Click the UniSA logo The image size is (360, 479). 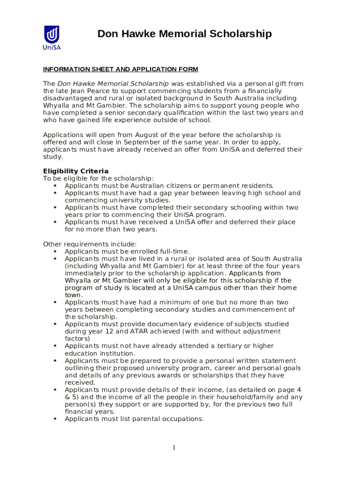(x=52, y=37)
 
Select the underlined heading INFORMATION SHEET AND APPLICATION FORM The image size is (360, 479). (x=121, y=69)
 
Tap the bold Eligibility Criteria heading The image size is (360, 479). (x=76, y=171)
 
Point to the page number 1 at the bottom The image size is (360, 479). (x=174, y=448)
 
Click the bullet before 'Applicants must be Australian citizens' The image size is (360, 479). (x=55, y=186)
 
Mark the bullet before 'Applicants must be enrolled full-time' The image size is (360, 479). (x=55, y=251)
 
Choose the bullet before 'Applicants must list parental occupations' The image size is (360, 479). (x=55, y=419)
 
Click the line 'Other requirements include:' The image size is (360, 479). (x=90, y=244)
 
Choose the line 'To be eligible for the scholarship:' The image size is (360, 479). (x=98, y=178)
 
